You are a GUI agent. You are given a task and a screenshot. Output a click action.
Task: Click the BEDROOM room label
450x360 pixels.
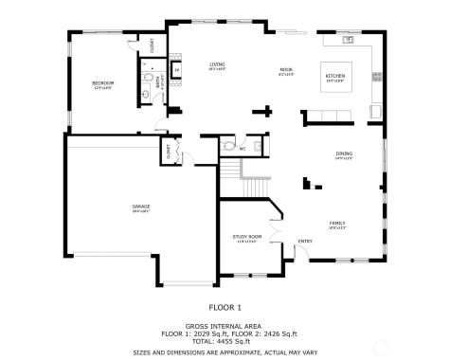(x=102, y=83)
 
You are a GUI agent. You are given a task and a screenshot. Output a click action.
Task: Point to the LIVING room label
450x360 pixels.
(x=218, y=64)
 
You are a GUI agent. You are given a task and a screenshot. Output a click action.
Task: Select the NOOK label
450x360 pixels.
(x=286, y=70)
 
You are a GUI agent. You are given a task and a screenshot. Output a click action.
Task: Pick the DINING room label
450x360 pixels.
(x=344, y=154)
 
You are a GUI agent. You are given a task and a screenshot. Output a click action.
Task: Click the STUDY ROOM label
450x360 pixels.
(x=246, y=237)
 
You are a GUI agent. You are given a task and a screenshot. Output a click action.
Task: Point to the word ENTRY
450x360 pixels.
(x=305, y=241)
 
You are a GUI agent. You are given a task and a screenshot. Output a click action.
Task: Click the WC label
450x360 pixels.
(x=243, y=149)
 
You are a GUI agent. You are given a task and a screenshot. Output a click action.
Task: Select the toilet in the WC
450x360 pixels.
(x=228, y=147)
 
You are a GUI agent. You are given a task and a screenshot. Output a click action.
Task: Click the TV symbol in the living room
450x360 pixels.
(x=177, y=71)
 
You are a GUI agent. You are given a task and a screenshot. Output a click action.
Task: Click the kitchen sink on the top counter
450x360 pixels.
(x=348, y=41)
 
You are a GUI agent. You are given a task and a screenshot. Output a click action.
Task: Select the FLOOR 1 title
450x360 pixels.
(x=225, y=307)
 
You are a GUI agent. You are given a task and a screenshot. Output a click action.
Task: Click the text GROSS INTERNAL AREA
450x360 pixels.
(x=225, y=326)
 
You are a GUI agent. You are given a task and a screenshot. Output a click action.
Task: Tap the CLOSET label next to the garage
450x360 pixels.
(x=169, y=151)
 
